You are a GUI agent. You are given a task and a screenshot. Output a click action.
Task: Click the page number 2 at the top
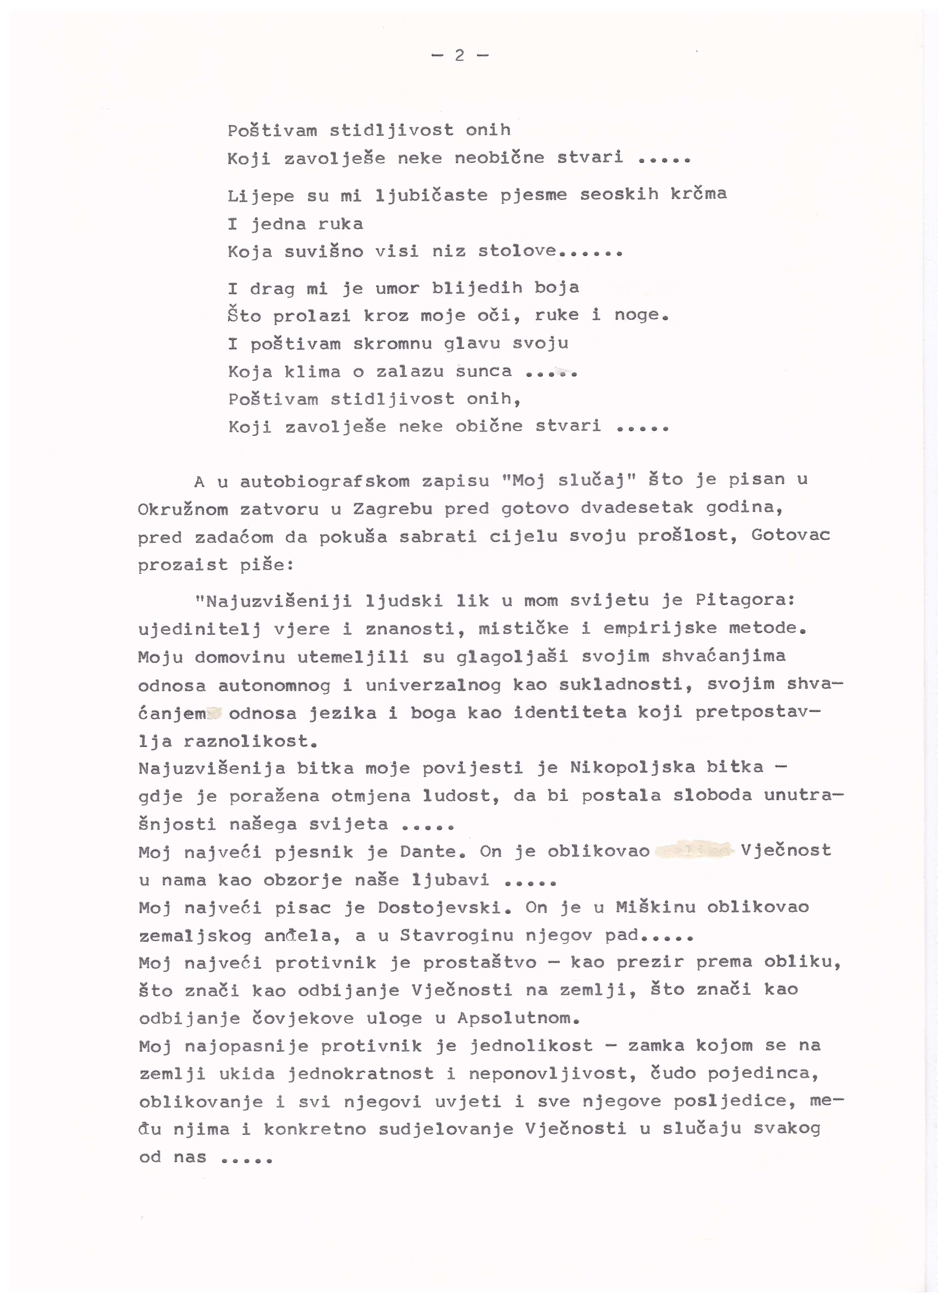(x=459, y=56)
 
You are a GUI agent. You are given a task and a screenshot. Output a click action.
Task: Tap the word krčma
(x=698, y=194)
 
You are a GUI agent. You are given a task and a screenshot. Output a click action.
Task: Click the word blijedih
(x=477, y=287)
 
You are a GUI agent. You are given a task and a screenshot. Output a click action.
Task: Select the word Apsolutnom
(x=518, y=1019)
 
